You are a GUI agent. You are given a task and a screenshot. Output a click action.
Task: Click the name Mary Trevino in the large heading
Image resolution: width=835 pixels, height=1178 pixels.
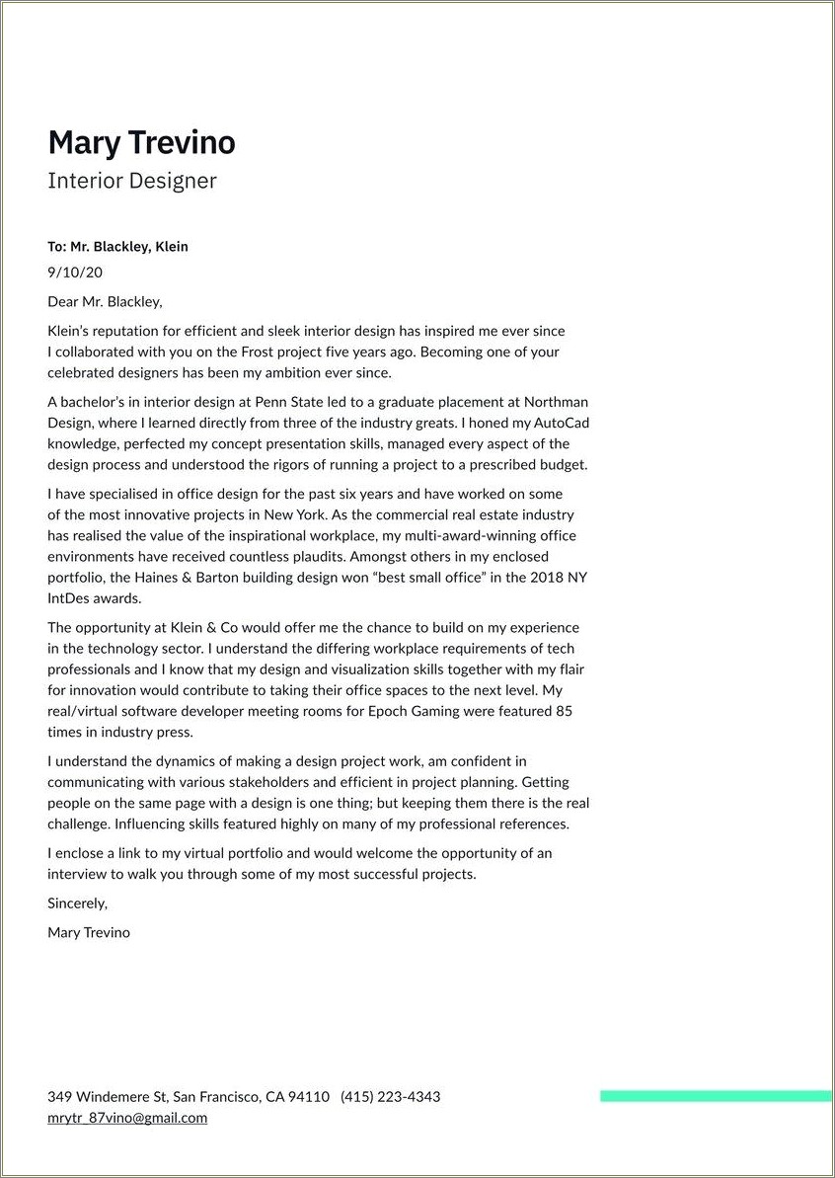(141, 143)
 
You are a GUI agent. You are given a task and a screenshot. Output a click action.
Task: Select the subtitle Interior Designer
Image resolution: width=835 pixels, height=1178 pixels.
(131, 182)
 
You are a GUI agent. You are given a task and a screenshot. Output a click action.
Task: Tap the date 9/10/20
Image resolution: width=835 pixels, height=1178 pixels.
(75, 273)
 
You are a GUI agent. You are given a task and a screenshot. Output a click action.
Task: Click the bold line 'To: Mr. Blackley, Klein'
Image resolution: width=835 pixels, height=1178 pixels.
(117, 247)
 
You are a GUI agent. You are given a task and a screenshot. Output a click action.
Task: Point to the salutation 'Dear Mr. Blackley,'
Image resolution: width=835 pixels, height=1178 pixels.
(105, 302)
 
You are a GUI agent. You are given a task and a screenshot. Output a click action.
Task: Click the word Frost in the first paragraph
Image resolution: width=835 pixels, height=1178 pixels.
(262, 352)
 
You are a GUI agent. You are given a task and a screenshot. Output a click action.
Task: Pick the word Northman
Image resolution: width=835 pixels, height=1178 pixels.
(556, 402)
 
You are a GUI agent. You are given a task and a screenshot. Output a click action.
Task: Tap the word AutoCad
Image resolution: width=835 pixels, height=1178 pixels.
(562, 423)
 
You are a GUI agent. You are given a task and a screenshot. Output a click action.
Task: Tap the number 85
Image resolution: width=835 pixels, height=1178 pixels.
(564, 711)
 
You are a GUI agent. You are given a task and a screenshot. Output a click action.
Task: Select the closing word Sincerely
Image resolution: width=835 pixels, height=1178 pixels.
(77, 903)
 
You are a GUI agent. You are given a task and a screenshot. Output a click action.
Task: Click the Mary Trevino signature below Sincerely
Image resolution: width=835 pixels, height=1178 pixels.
(89, 932)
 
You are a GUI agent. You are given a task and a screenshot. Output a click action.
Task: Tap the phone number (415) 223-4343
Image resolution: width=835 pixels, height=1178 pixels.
(390, 1097)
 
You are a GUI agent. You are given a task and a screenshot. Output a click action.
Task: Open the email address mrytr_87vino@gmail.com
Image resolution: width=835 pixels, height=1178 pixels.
(127, 1118)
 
